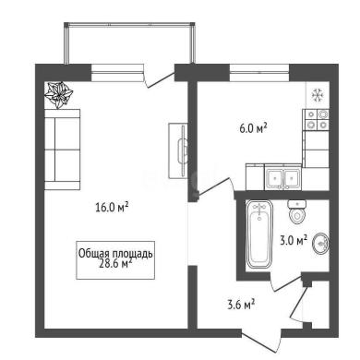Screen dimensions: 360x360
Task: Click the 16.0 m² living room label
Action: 112,207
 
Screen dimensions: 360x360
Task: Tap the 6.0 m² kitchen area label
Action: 253,127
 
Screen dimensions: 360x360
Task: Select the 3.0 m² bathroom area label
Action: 294,239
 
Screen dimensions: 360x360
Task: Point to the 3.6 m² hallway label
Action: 241,305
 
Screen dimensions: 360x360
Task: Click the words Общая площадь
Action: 115,254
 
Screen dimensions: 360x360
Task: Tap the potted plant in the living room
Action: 58,95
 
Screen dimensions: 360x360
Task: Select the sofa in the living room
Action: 63,150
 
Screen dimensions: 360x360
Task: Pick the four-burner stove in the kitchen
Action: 317,120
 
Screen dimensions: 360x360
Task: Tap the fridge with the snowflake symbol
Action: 318,95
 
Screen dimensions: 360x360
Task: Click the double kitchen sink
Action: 283,178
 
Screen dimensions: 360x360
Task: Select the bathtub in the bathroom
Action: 259,234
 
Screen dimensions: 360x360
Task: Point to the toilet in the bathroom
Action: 297,211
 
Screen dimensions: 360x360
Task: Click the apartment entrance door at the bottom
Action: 261,342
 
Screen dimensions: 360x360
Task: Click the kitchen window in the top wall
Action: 259,73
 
